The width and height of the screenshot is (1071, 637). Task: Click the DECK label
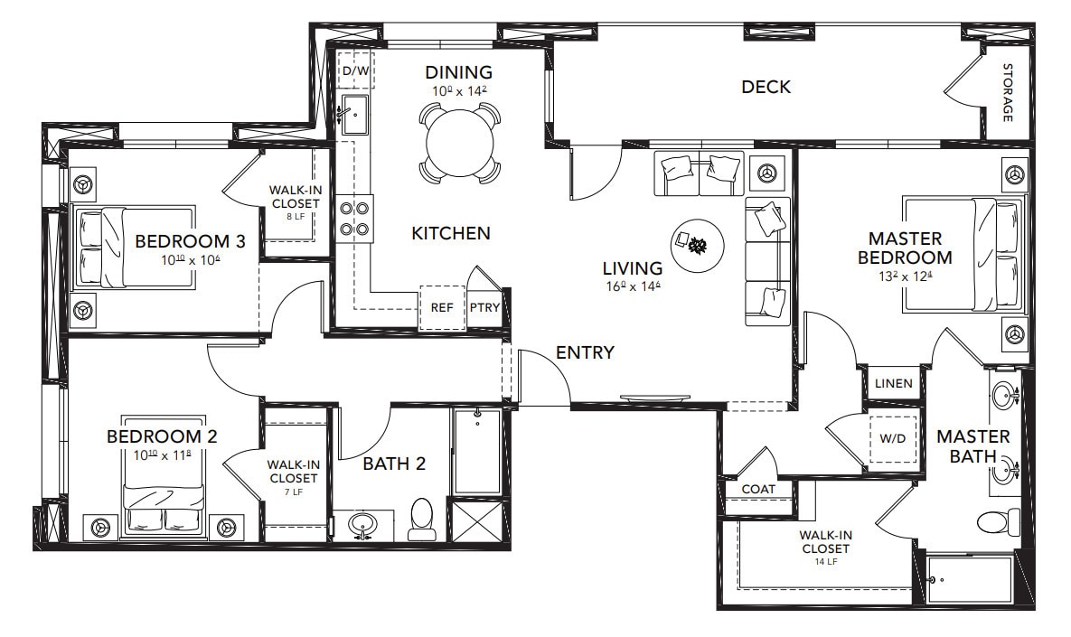point(766,87)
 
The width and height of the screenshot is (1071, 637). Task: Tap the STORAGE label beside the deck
point(1007,93)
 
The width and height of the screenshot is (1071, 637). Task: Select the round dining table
point(460,142)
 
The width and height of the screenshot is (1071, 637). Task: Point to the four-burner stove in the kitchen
point(355,218)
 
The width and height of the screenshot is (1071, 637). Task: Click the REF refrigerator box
point(442,307)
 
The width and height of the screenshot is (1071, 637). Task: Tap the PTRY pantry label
point(484,307)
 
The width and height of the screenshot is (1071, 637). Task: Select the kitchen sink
point(353,113)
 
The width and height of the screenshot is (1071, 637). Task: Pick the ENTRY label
point(585,352)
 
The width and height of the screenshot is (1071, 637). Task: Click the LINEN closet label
point(893,383)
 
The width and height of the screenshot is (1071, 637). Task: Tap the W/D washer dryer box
point(893,438)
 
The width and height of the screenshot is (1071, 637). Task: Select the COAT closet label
point(757,489)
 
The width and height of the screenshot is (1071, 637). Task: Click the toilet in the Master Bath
point(998,521)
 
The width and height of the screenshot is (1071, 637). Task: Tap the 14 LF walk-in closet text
point(824,560)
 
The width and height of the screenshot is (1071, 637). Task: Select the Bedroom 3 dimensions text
point(191,259)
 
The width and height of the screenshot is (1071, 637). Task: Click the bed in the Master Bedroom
point(963,255)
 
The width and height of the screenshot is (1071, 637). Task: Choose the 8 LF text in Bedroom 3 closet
point(295,217)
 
